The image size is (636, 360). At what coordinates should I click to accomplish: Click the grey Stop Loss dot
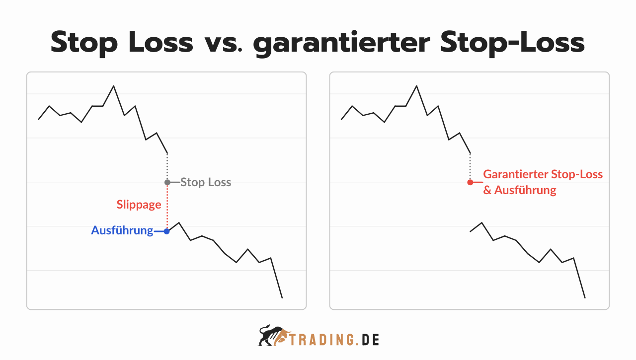(x=167, y=182)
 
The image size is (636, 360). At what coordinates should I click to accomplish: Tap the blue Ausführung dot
(x=167, y=231)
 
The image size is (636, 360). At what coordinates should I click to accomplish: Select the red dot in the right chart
(x=470, y=182)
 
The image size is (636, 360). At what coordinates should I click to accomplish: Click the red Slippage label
(x=139, y=205)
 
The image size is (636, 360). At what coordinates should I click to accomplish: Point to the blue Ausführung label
(x=122, y=230)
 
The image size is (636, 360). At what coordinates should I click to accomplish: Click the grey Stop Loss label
(x=206, y=182)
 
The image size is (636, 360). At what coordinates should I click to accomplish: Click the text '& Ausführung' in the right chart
(x=520, y=190)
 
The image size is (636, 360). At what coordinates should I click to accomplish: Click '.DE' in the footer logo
(x=368, y=340)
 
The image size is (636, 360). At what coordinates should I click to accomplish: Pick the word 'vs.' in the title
(x=223, y=43)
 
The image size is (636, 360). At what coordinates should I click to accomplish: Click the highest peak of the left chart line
(x=114, y=86)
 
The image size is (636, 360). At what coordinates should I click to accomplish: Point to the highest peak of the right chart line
(x=416, y=86)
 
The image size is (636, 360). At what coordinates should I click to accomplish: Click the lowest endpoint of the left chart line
(x=282, y=297)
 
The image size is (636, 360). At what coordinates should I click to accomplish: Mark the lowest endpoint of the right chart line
(x=585, y=297)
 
